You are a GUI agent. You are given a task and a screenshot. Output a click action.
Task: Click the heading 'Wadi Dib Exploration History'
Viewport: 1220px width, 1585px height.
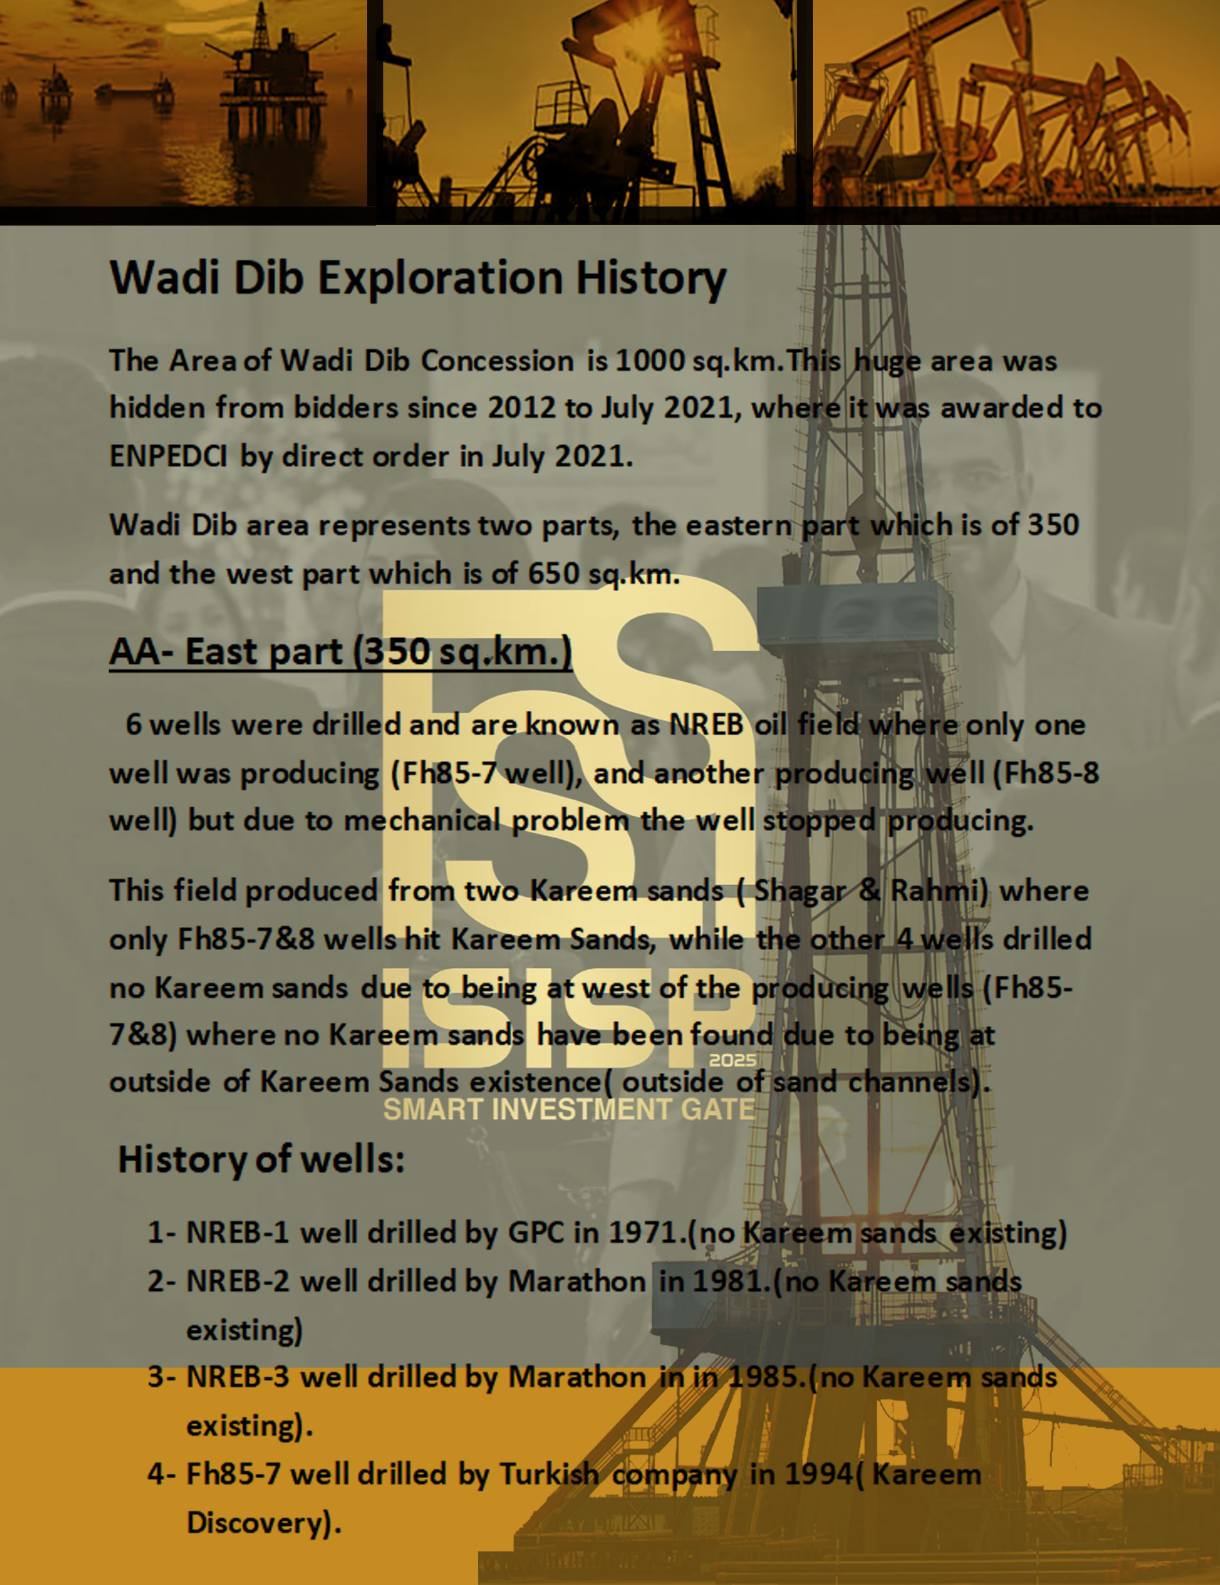(x=418, y=278)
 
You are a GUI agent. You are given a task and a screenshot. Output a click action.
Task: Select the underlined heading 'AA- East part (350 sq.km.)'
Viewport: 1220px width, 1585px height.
(x=340, y=652)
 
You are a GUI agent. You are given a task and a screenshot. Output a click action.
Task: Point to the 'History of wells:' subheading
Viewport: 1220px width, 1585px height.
(x=261, y=1159)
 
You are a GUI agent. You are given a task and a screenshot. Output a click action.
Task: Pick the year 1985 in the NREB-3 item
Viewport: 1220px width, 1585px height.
(x=763, y=1377)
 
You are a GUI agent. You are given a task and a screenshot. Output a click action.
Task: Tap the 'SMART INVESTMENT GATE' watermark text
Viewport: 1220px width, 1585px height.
(x=569, y=1110)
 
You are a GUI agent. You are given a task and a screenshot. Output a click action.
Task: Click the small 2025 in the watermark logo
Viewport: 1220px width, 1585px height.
(x=733, y=1060)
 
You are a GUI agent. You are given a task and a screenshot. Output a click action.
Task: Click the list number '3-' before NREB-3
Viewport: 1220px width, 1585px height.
(x=161, y=1377)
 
